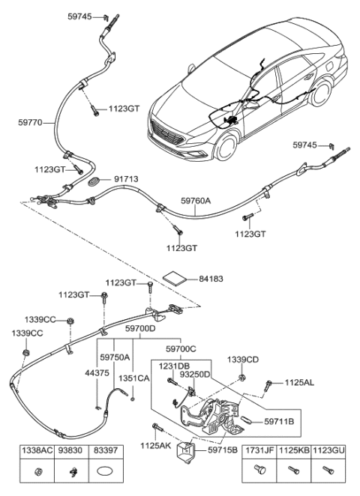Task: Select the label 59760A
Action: (x=196, y=202)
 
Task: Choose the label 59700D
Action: (x=140, y=328)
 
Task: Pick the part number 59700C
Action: (x=181, y=349)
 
